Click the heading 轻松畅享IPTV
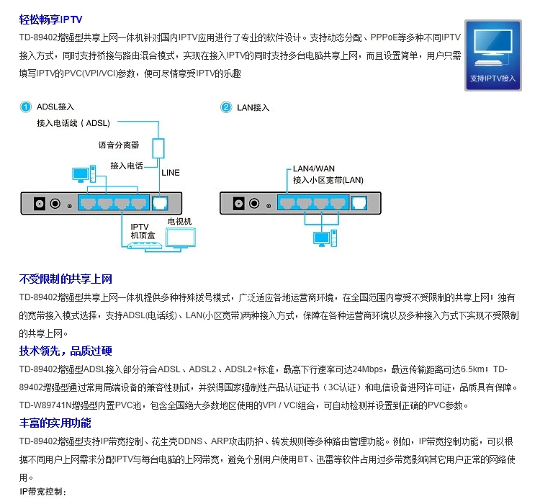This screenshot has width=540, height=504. pos(50,19)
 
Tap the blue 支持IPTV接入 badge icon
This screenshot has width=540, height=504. pos(492,55)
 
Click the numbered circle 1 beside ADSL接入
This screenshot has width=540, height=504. pos(25,107)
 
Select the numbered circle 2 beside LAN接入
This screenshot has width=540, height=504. pos(226,107)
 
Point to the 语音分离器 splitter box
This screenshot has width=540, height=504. pos(158,148)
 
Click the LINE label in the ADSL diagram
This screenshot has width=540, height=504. pos(171,173)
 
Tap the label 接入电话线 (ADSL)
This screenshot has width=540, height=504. pos(73,123)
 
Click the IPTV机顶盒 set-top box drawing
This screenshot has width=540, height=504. pos(145,246)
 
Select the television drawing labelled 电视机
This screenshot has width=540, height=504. pos(181,238)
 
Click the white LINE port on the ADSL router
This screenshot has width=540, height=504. pos(160,203)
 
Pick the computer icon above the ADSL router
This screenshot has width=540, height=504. pos(84,174)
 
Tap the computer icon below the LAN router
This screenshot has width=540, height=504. pos(325,238)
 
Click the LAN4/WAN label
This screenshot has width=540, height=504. pos(314,168)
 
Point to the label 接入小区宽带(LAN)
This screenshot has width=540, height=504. pos(328,180)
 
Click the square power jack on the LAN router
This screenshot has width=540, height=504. pos(238,203)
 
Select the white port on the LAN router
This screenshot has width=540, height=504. pos(359,202)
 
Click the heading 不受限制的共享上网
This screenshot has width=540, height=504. pos(66,279)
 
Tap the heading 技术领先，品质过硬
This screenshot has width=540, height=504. pos(66,351)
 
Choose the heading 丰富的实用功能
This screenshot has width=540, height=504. pos(55,423)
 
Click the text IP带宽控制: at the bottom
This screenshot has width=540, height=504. pos(42,492)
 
